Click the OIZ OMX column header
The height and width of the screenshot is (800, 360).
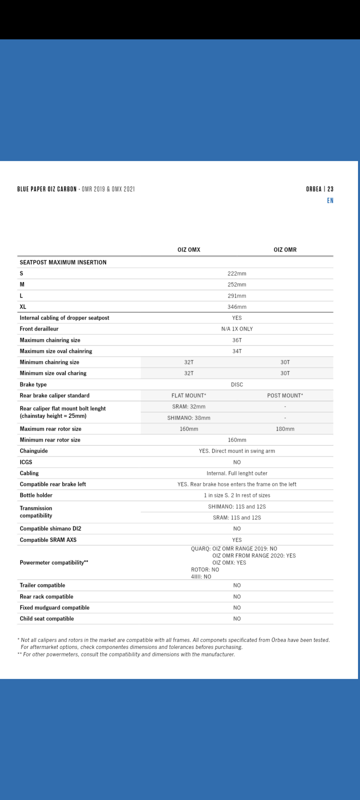(188, 249)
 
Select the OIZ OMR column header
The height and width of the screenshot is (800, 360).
(285, 249)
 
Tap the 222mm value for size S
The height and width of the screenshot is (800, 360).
(237, 273)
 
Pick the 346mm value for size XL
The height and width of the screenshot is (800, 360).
(237, 307)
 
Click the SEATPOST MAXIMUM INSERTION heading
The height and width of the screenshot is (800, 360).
(63, 262)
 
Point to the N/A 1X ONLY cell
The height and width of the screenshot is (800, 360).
(237, 329)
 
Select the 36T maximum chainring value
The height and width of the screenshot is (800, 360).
(237, 340)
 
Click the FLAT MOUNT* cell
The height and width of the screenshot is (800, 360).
(188, 395)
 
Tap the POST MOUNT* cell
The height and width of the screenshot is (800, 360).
(285, 395)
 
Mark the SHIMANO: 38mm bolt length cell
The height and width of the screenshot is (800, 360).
(188, 418)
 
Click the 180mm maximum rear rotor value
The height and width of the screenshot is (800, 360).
(285, 429)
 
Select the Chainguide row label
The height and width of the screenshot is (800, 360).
(34, 451)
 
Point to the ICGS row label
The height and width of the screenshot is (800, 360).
(26, 462)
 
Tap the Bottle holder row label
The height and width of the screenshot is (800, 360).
(36, 495)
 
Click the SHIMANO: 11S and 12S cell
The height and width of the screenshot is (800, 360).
(237, 506)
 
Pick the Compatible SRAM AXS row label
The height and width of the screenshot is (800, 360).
(48, 540)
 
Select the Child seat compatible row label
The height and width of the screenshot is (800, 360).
(46, 618)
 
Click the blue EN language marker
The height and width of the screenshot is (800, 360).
(330, 200)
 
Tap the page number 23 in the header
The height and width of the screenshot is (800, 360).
(330, 189)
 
